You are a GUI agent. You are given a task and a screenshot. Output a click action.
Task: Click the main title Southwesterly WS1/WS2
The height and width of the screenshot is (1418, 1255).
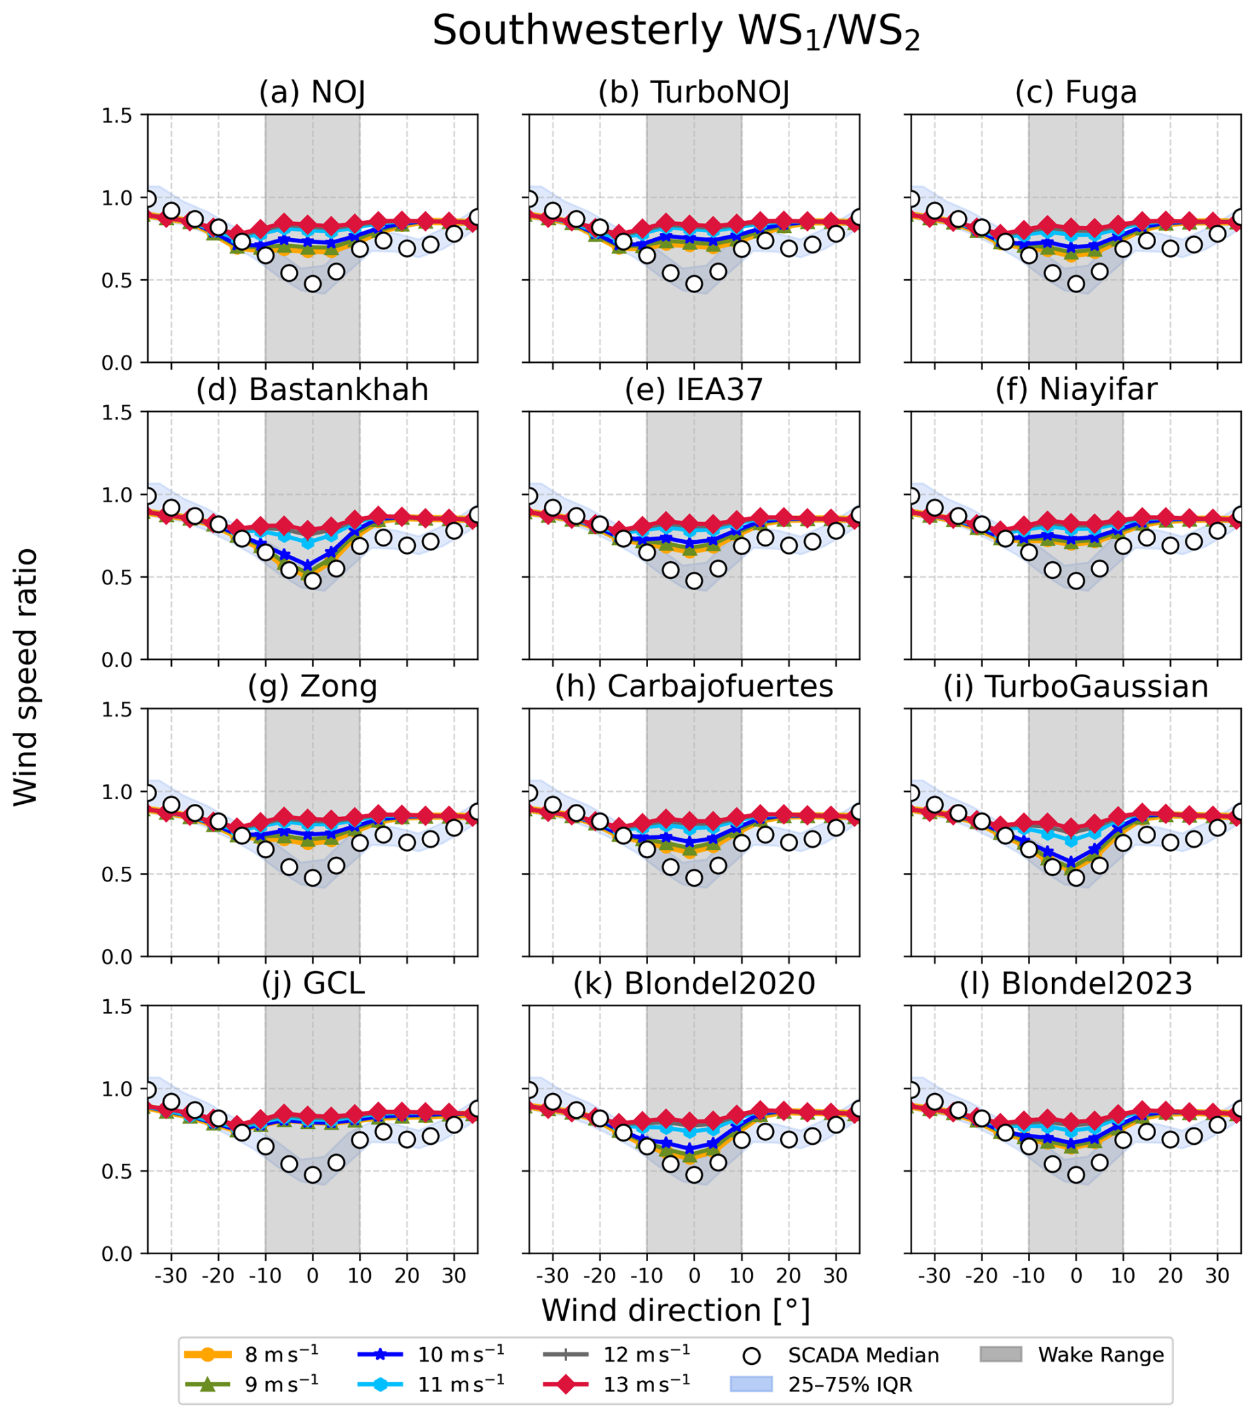pyautogui.click(x=676, y=32)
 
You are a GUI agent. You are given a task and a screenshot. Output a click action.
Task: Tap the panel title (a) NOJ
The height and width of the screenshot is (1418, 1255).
pyautogui.click(x=312, y=92)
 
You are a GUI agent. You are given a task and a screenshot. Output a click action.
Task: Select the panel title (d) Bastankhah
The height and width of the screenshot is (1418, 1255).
pyautogui.click(x=312, y=390)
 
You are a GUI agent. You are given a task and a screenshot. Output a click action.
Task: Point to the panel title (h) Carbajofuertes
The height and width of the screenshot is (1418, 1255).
pyautogui.click(x=694, y=687)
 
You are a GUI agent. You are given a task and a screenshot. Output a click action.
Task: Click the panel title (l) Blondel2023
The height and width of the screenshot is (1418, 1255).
pyautogui.click(x=1076, y=984)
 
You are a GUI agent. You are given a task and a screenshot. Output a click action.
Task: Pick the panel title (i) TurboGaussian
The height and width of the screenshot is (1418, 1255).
pyautogui.click(x=1076, y=687)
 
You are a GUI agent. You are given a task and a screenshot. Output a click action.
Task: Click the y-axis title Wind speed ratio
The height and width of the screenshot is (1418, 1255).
pyautogui.click(x=26, y=677)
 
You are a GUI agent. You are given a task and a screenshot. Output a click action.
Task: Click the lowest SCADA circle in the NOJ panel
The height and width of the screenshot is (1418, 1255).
pyautogui.click(x=313, y=284)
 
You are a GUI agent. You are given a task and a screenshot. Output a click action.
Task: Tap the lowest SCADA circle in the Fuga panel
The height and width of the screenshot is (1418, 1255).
pyautogui.click(x=1076, y=284)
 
